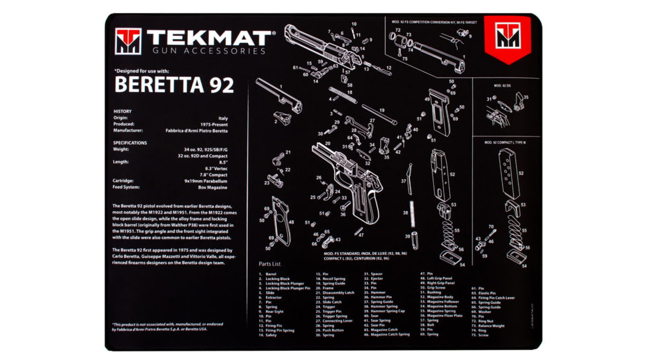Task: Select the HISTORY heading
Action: tap(122, 112)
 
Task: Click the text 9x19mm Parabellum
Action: tap(208, 181)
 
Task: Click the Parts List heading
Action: tap(270, 263)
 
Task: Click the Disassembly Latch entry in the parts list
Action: tap(338, 293)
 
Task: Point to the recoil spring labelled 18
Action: tap(342, 93)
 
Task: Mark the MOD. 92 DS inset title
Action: tap(502, 85)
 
